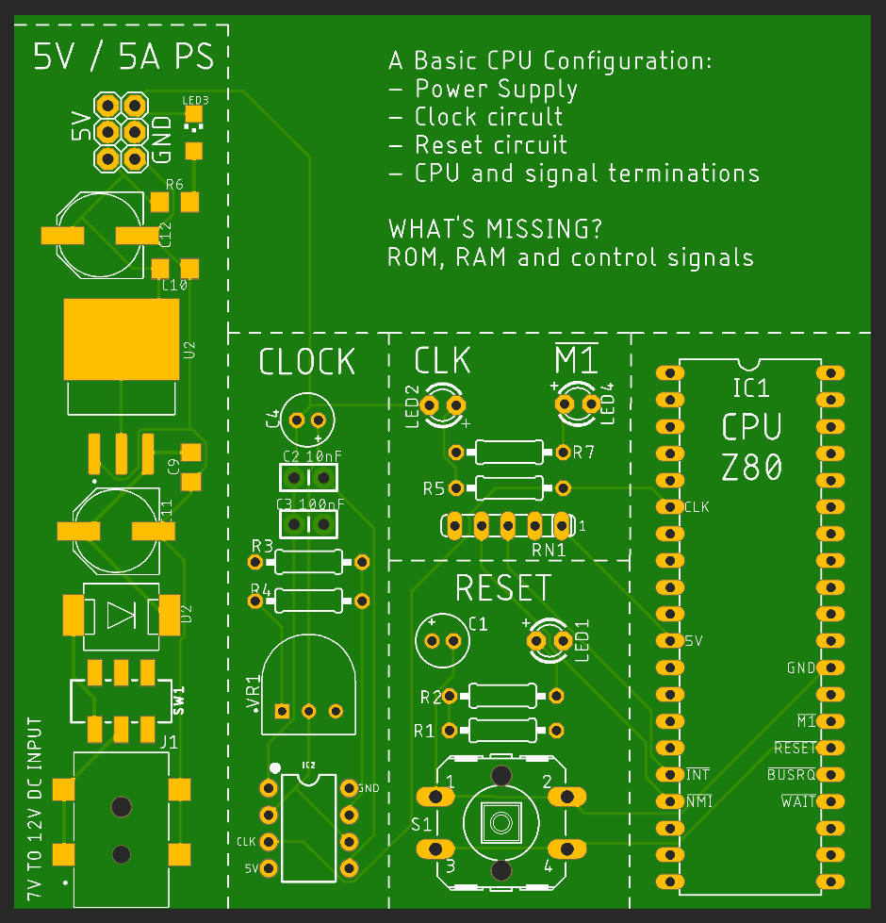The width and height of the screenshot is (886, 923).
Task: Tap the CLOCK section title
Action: coord(307,362)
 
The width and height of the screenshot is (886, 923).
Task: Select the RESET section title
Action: coord(502,588)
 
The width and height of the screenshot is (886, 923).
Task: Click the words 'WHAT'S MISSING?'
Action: coord(495,229)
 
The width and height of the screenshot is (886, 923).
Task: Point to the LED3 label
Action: coord(195,99)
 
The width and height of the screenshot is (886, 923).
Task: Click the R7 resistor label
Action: coord(584,453)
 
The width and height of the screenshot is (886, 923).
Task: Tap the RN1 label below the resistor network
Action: coord(549,549)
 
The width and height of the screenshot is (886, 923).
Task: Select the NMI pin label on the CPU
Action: coord(698,802)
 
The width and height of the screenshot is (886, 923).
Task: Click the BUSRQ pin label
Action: coord(791,775)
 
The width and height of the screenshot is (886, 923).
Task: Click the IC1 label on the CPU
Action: coord(751,387)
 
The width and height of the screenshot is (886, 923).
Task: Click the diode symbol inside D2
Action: coord(122,616)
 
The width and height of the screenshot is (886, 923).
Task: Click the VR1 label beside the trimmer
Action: coord(252,693)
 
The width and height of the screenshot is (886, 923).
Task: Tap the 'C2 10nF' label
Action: coord(312,456)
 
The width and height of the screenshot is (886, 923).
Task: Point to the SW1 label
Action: coord(179,700)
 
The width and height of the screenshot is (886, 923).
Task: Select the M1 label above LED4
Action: coord(576,360)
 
